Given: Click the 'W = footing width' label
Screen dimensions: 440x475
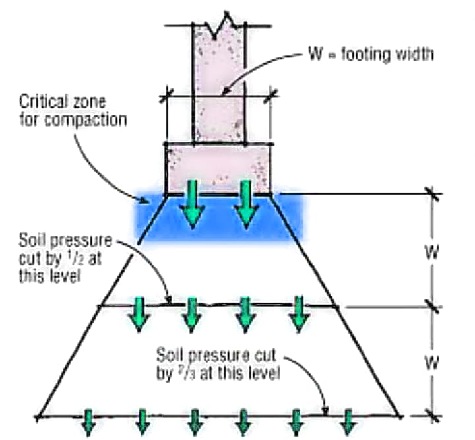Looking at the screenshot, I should pos(367,54).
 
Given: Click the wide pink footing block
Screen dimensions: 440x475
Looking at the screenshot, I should pos(218,168).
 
